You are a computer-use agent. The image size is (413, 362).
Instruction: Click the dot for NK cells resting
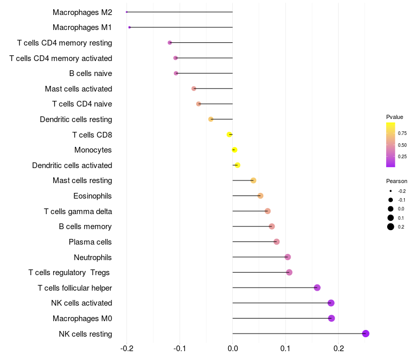coord(366,334)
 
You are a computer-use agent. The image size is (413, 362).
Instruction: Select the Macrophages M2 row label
coord(82,12)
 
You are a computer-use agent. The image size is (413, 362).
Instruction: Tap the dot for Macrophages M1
coord(130,27)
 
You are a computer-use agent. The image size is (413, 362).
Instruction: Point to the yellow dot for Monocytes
coord(234,150)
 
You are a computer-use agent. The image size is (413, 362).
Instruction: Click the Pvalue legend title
coord(394,117)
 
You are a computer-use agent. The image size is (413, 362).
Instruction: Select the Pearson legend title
coord(396,181)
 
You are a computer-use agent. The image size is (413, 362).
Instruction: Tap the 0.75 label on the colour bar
coord(402,133)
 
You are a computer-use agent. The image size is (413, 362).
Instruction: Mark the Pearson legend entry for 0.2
coord(391,227)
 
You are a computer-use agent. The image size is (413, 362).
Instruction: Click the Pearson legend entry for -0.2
coord(391,191)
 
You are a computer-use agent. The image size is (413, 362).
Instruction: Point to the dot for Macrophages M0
coord(331,318)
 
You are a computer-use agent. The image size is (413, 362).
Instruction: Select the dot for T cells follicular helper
coord(317,288)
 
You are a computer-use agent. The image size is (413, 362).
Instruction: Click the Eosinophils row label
coord(92,196)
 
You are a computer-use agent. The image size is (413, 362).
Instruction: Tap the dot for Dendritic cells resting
coord(211,119)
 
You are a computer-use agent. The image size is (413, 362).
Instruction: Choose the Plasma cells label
coord(90,242)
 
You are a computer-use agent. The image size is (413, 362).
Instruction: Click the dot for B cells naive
coord(176,73)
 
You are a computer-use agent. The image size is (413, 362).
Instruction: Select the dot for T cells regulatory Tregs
coord(289,273)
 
